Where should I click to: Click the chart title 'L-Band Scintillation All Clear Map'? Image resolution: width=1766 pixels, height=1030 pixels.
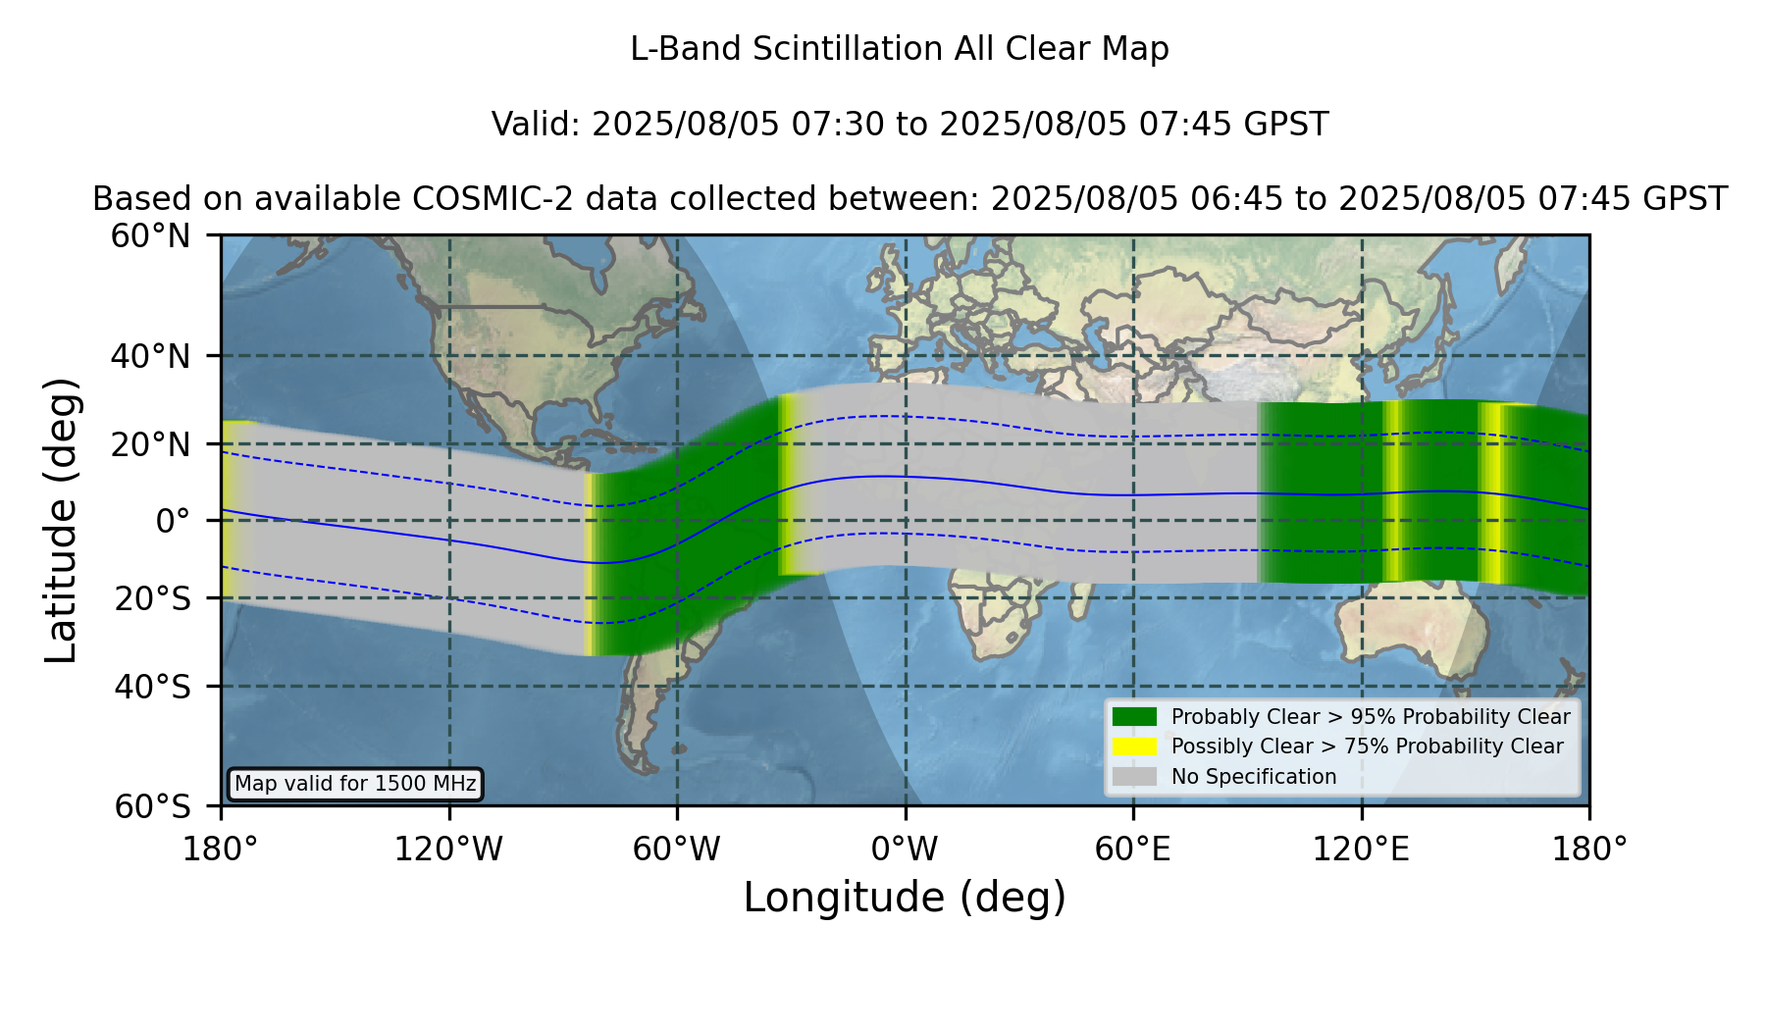pos(900,49)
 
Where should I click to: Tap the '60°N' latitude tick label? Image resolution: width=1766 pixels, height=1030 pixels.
pos(151,236)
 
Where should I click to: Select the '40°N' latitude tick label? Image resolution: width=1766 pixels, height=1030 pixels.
pos(151,356)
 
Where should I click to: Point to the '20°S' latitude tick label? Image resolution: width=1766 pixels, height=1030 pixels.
pos(153,598)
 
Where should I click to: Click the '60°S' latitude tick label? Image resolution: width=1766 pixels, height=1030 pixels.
pos(153,806)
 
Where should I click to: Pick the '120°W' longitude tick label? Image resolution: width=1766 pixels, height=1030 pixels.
pos(448,849)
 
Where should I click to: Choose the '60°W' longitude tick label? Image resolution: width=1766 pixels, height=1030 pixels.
pos(677,849)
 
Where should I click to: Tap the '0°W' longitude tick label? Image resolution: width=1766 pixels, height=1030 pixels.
pos(905,849)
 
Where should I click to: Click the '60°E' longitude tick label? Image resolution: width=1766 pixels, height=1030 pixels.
pos(1133,849)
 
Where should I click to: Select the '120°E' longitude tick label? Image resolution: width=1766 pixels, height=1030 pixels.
pos(1361,849)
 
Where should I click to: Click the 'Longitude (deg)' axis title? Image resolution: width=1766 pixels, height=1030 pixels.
pos(905,898)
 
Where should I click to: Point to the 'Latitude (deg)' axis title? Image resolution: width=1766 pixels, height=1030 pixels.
pos(61,520)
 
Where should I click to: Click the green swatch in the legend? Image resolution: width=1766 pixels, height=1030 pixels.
pos(1134,716)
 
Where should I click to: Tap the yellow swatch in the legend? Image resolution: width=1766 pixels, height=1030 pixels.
pos(1134,747)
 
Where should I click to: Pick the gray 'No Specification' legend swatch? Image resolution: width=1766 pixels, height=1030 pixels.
pos(1134,777)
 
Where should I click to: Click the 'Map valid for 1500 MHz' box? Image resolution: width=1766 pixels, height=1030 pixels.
pos(355,784)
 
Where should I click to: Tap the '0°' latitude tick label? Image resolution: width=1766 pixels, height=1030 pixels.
pos(173,521)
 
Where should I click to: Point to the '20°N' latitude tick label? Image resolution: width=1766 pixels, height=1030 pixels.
pos(151,444)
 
